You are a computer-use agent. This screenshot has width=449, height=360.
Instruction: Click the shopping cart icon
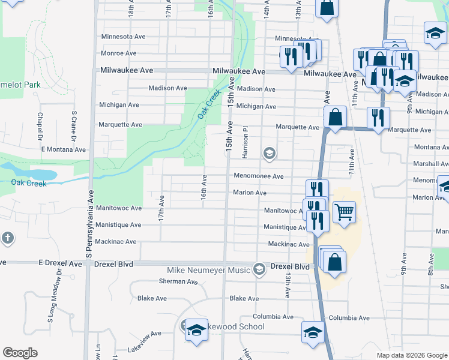(344, 211)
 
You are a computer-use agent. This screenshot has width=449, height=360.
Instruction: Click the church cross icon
(6, 236)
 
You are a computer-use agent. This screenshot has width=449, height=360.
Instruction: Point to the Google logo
(20, 353)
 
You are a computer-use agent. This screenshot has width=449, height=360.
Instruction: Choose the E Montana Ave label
(63, 149)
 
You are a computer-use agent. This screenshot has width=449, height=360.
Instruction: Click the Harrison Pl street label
(245, 142)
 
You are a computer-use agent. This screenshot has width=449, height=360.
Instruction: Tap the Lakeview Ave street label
(144, 333)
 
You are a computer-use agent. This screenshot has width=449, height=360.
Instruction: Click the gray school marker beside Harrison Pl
(269, 154)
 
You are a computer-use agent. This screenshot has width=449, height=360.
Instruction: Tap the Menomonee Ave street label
(258, 176)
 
